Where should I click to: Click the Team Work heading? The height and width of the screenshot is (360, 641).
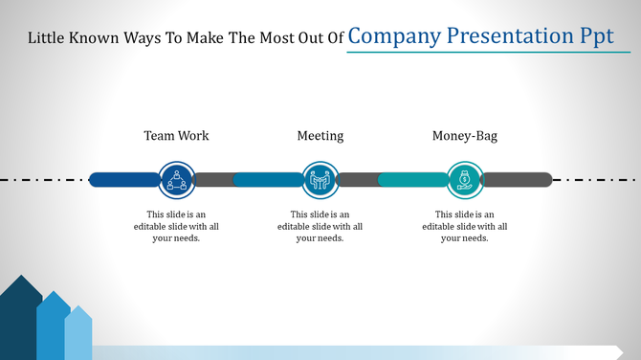click(x=176, y=136)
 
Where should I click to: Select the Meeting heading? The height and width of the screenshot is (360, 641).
click(x=320, y=136)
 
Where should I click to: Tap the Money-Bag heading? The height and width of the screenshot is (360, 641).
click(x=465, y=136)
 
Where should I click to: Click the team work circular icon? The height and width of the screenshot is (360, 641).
click(x=176, y=179)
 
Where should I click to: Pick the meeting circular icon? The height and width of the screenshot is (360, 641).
click(x=320, y=179)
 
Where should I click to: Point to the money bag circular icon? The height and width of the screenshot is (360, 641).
click(x=465, y=179)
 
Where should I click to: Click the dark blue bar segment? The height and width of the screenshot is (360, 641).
click(x=122, y=179)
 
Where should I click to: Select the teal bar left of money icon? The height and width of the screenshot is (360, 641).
click(x=411, y=179)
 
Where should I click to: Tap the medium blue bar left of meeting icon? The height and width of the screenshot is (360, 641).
click(x=266, y=179)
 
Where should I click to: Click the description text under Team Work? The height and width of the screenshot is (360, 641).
click(x=176, y=226)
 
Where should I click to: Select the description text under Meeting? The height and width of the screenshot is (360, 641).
click(x=320, y=226)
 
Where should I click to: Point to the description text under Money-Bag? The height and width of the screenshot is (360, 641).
click(x=465, y=226)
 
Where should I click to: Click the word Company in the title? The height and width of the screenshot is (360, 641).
click(x=395, y=36)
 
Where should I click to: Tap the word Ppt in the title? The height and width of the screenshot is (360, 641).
click(x=592, y=36)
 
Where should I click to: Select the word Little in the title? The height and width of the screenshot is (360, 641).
click(x=48, y=39)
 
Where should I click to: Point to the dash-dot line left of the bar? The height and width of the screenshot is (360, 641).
click(x=43, y=179)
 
